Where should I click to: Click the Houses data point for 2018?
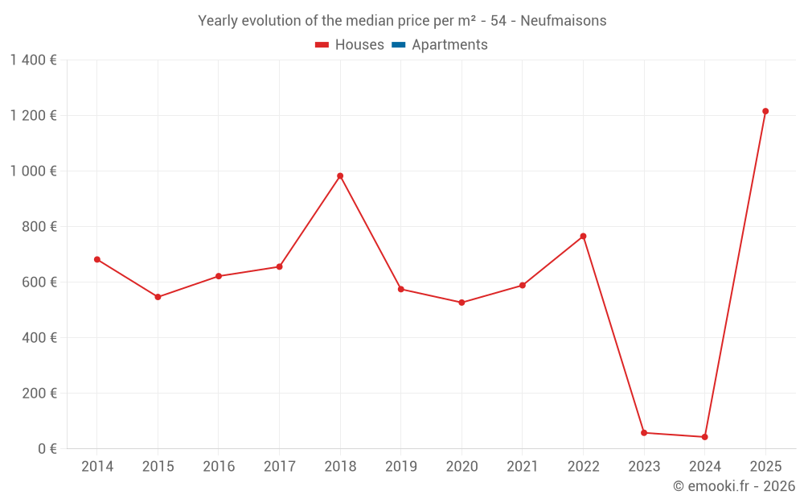[x=340, y=176]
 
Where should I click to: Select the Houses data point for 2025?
[x=765, y=111]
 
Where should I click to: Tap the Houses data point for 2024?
[x=705, y=437]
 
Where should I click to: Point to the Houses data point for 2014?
[x=97, y=259]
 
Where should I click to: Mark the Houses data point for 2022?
[x=584, y=237]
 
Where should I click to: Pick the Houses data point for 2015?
[x=158, y=297]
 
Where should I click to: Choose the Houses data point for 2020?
[x=461, y=303]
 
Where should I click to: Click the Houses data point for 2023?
[x=644, y=433]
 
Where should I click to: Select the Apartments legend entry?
[x=449, y=45]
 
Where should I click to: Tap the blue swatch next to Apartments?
[x=398, y=45]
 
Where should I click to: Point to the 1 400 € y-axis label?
[x=33, y=60]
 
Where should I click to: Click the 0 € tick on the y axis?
[x=47, y=448]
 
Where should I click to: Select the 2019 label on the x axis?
[x=400, y=467]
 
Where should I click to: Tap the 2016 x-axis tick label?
[x=219, y=467]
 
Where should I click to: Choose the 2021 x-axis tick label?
[x=523, y=467]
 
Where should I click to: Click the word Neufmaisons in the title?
[x=564, y=20]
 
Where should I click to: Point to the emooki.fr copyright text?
[x=733, y=486]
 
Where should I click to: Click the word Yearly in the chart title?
[x=218, y=20]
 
